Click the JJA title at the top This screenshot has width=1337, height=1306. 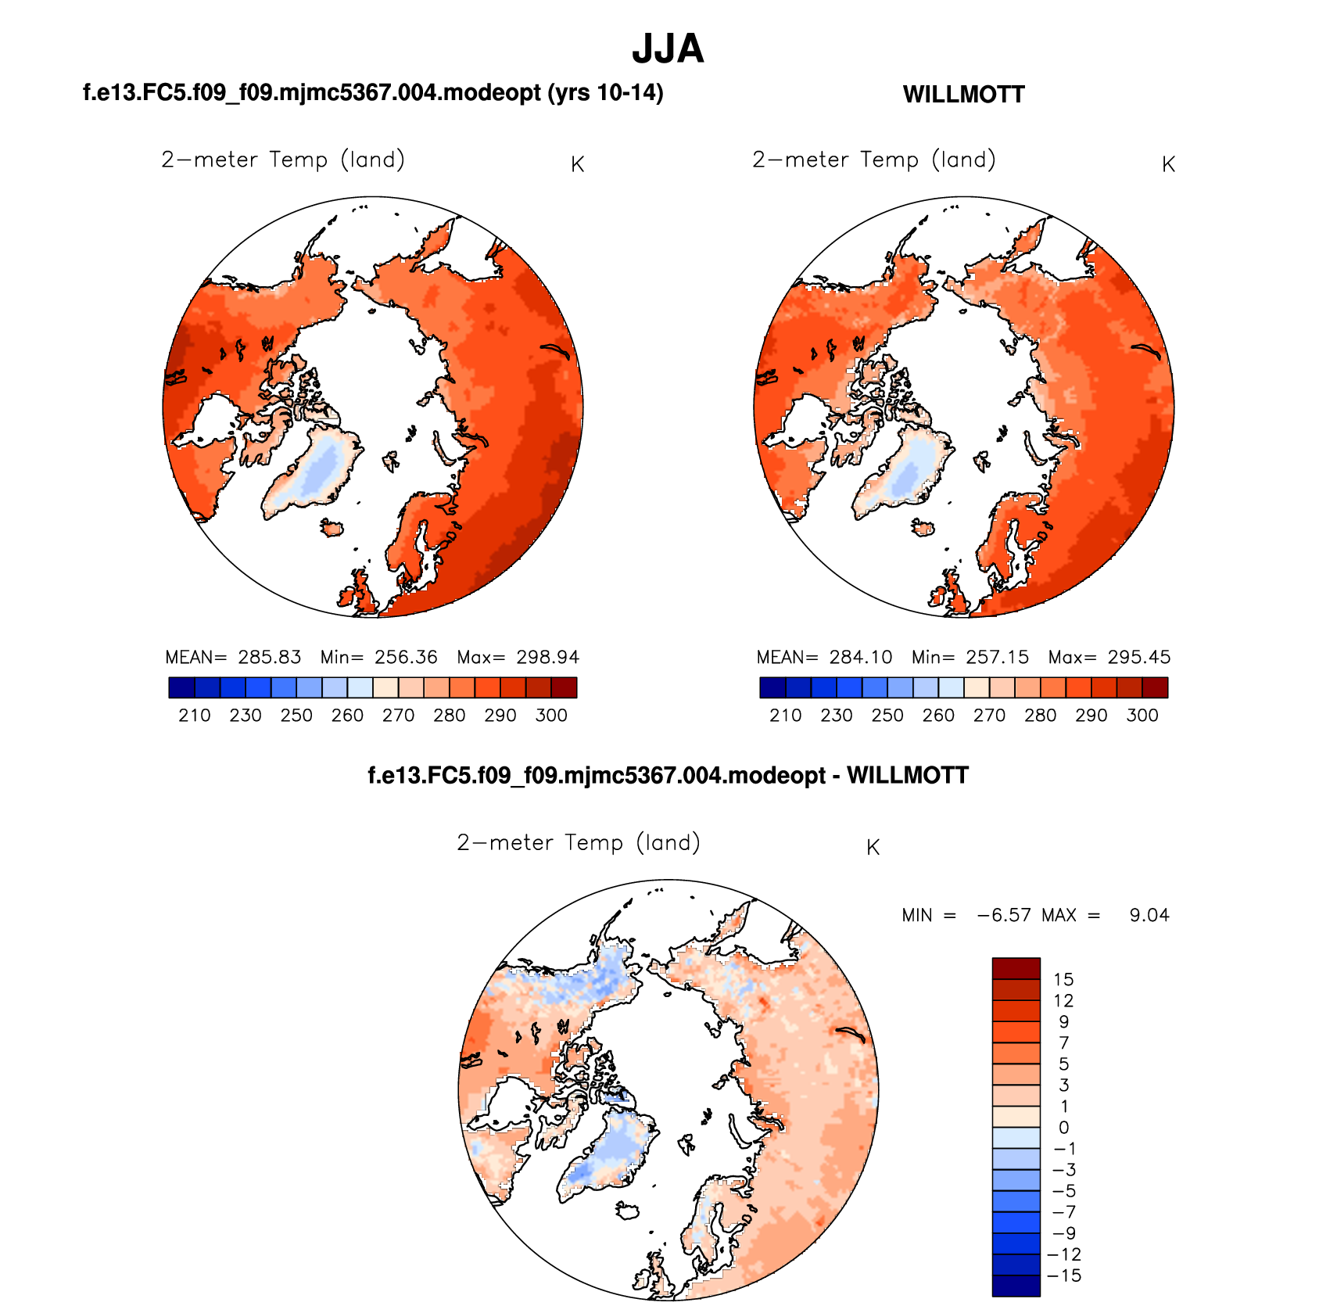click(668, 48)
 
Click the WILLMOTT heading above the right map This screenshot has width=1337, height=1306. click(963, 95)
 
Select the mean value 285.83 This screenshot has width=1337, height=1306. click(269, 657)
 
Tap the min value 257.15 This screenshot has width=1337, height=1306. click(998, 657)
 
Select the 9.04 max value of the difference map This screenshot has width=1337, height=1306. click(1149, 915)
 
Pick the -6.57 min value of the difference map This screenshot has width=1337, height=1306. click(1003, 915)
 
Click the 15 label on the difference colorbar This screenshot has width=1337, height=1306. click(1063, 979)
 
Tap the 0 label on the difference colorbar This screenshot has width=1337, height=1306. click(1063, 1127)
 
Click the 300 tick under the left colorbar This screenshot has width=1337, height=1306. click(551, 716)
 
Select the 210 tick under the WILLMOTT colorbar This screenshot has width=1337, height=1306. click(785, 716)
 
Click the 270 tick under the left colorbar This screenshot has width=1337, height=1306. click(398, 716)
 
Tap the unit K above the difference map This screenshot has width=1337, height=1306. click(873, 848)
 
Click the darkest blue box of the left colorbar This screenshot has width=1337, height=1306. click(181, 687)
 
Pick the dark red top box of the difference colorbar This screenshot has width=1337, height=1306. click(1016, 968)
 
